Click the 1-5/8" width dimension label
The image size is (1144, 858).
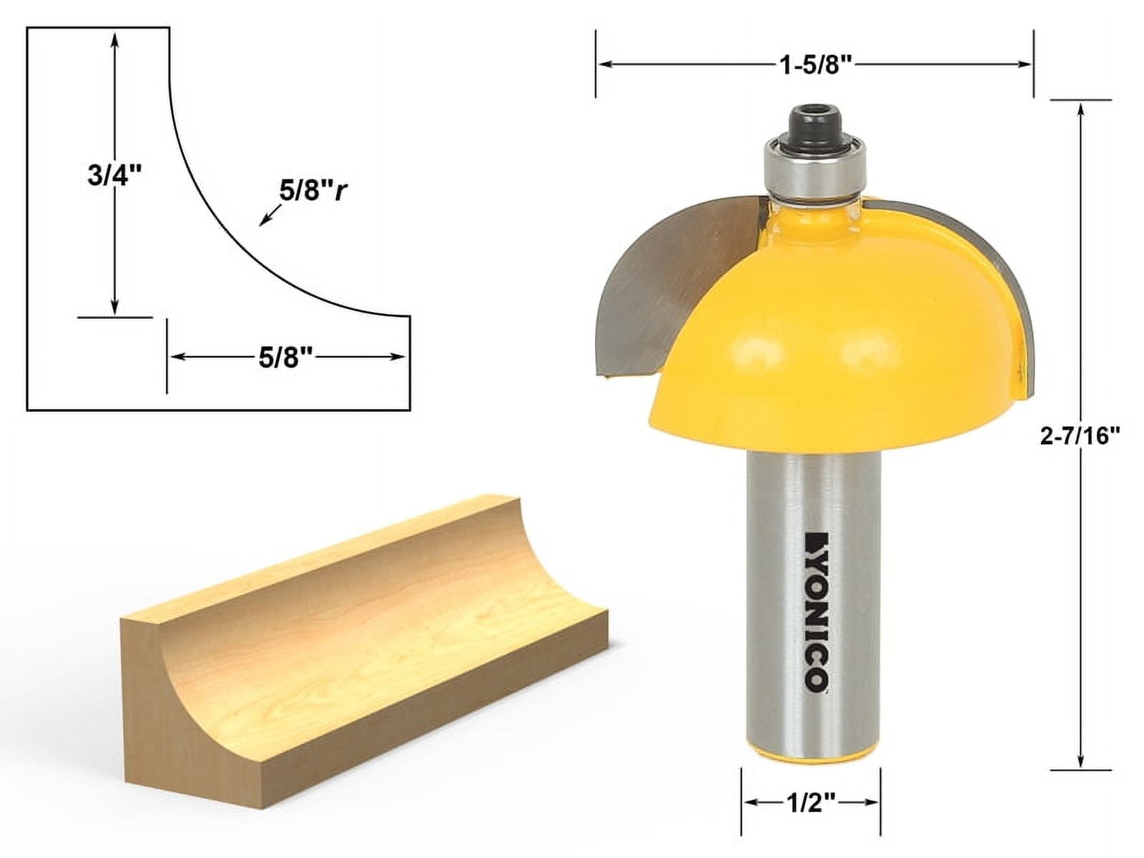(x=816, y=65)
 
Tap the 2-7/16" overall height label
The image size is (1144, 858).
(x=1079, y=435)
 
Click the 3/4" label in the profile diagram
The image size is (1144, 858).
(x=110, y=176)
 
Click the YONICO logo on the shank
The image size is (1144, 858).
(x=815, y=612)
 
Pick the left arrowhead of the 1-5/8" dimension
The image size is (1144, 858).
(x=604, y=64)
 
